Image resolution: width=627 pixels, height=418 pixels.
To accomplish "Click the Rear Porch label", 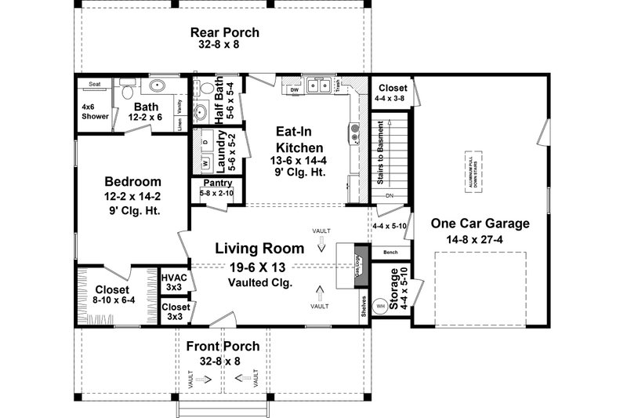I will point(225,33).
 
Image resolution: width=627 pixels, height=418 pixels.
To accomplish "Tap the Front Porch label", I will point(223,347).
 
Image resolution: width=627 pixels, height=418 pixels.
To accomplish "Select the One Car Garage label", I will point(480,224).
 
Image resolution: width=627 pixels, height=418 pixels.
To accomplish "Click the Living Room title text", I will point(260,249).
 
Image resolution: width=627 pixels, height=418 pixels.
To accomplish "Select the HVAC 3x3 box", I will point(173,282).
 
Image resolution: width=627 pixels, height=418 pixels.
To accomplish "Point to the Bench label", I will point(391,253).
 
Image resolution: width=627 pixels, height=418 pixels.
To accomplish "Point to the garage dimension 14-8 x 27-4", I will point(480,239).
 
